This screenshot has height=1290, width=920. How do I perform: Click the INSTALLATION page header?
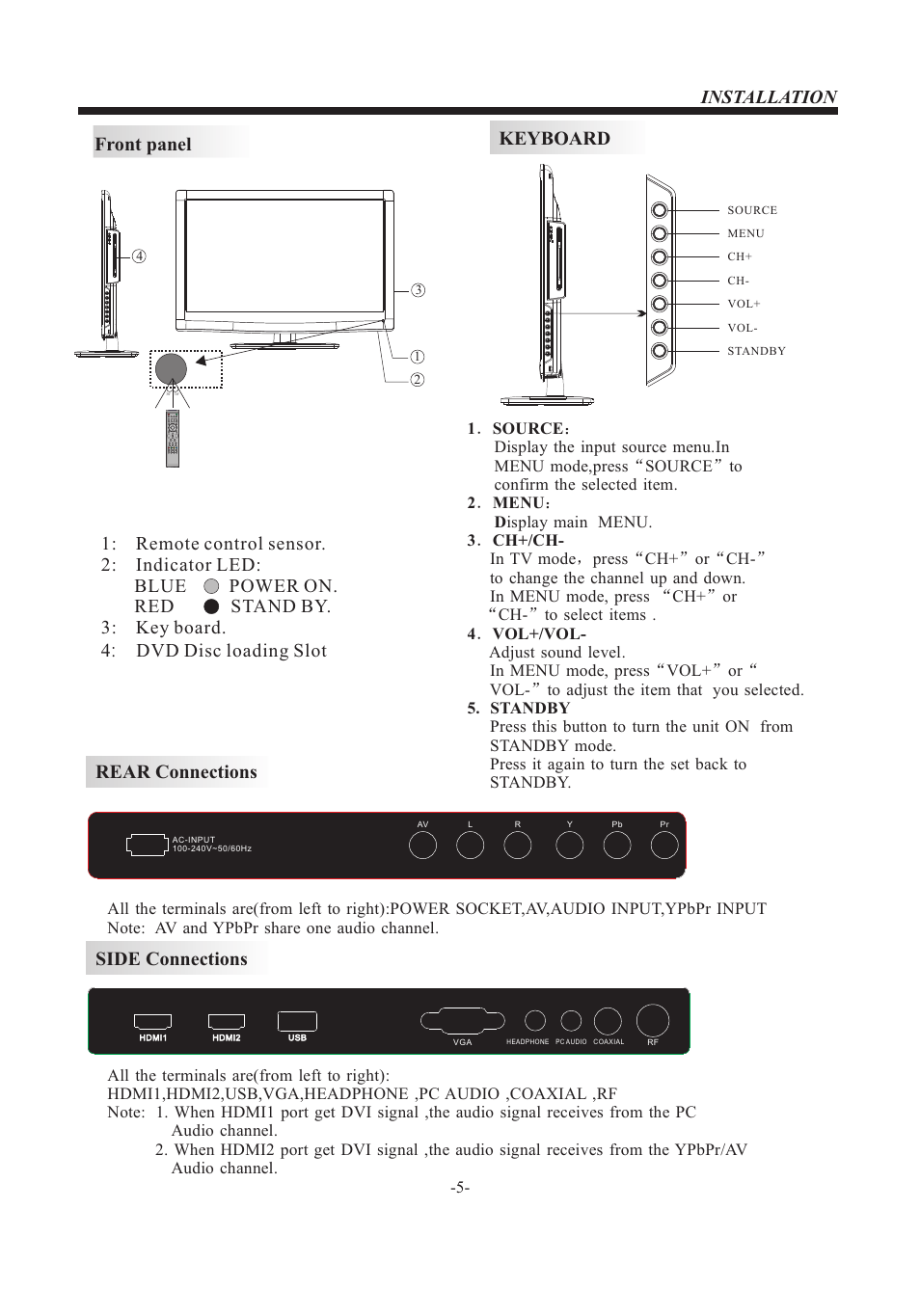tap(768, 96)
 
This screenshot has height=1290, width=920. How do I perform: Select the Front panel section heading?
tap(143, 145)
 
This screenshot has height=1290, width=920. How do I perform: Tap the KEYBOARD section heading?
tap(555, 139)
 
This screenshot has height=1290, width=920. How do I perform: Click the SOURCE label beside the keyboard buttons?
tap(751, 210)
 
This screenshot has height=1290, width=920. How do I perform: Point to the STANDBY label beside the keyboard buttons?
tap(756, 351)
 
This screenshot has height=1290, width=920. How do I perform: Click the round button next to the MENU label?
tap(659, 233)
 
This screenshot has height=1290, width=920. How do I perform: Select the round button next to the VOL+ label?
tap(659, 304)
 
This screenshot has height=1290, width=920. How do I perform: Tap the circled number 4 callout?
tap(140, 256)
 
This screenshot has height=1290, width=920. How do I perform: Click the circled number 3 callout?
tap(418, 290)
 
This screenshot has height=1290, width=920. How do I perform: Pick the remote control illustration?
tap(173, 439)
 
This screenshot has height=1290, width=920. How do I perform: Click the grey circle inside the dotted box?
tap(171, 368)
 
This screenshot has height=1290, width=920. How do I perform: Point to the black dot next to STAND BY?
tap(212, 606)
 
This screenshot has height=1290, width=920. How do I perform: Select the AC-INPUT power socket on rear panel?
tap(147, 846)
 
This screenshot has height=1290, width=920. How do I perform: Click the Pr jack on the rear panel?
tap(664, 846)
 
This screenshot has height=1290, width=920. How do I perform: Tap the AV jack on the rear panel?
tap(422, 846)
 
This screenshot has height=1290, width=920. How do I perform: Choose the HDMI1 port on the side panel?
tap(152, 1021)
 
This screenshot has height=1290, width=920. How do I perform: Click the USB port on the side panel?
tap(297, 1021)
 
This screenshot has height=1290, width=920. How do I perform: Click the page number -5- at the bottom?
tap(460, 1188)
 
